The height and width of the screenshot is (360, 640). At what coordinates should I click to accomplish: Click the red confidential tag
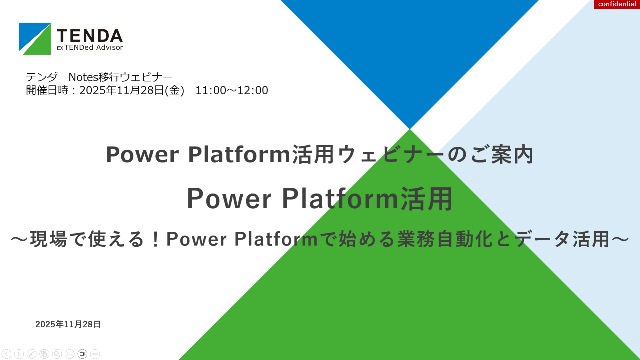click(x=617, y=4)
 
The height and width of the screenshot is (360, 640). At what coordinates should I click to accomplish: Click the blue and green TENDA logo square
click(x=35, y=39)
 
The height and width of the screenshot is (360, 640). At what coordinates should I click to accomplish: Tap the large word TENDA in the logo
click(x=90, y=36)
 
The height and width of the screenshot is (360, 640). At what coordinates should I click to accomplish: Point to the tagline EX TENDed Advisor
click(x=90, y=47)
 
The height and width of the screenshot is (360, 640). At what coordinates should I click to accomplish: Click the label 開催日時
click(x=47, y=90)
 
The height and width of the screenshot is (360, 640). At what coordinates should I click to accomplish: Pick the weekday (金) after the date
click(x=174, y=90)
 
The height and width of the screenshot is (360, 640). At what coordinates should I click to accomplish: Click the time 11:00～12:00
click(x=232, y=90)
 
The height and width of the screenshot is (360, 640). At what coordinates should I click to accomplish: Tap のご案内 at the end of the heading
click(x=491, y=154)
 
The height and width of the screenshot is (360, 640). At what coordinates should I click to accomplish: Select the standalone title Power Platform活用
click(x=319, y=199)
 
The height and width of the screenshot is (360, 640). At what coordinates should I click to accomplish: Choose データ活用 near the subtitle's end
click(x=562, y=239)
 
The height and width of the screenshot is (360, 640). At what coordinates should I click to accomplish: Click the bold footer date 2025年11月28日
click(x=68, y=324)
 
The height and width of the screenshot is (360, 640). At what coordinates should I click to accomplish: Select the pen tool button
click(x=32, y=354)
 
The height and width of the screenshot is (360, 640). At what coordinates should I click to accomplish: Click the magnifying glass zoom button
click(x=57, y=354)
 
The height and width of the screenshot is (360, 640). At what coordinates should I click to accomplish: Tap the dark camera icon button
click(x=82, y=354)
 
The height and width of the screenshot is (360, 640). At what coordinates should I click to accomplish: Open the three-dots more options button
click(x=95, y=354)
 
